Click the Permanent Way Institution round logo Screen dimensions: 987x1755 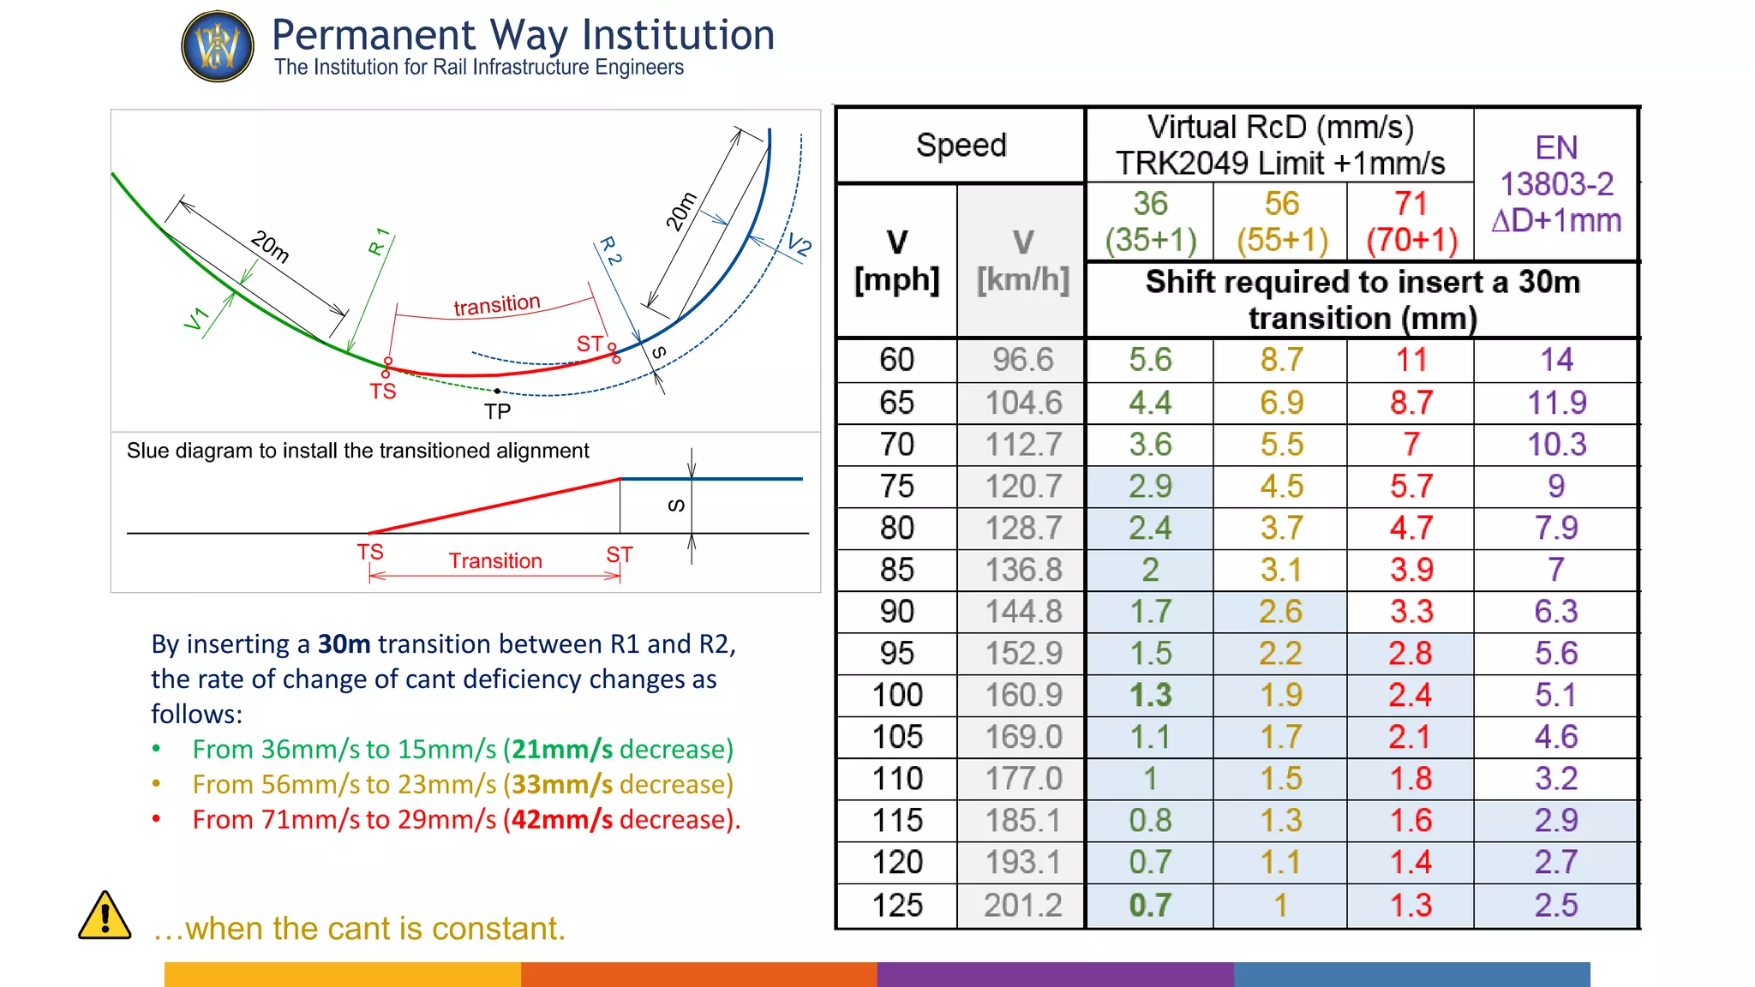pos(218,46)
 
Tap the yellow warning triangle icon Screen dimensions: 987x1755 pos(105,916)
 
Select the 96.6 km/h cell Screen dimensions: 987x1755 pos(1022,360)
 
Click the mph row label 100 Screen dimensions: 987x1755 pos(897,695)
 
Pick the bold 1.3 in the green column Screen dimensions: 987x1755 pos(1150,695)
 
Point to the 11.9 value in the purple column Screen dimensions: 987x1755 pos(1556,403)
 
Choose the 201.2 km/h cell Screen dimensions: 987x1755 pos(1022,906)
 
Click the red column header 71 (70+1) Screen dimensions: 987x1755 pos(1411,222)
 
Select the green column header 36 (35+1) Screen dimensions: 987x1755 pos(1150,222)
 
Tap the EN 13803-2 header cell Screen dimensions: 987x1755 pos(1556,184)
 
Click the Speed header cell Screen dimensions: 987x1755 pos(961,146)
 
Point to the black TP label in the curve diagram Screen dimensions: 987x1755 pos(497,412)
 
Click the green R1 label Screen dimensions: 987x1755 pos(379,242)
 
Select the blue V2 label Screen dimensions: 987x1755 pos(799,246)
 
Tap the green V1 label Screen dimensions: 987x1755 pos(196,319)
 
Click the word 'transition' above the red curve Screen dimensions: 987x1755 pos(497,305)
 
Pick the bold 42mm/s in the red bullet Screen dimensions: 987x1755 pos(561,820)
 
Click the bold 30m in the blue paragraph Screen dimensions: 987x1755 pos(344,644)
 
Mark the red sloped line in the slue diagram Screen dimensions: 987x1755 pos(494,506)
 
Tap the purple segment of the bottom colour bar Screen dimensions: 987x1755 pos(1055,974)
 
